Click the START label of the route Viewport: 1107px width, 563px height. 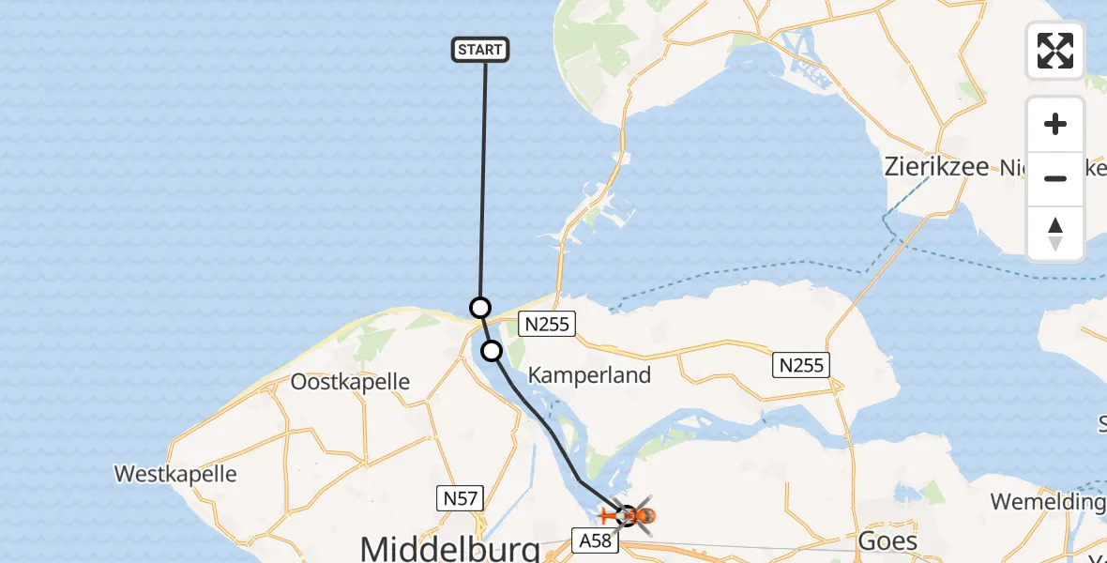(x=480, y=50)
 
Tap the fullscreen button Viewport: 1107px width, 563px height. (x=1055, y=51)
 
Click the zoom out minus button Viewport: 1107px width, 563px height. (x=1055, y=178)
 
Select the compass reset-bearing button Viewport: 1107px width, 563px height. (x=1055, y=234)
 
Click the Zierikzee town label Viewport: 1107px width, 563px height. (x=936, y=167)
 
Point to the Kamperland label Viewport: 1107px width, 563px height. (x=589, y=375)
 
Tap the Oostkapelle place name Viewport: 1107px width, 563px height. (x=350, y=382)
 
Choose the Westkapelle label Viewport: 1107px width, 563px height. (x=175, y=474)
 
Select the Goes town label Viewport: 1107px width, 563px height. (x=888, y=541)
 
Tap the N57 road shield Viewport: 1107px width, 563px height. (x=461, y=497)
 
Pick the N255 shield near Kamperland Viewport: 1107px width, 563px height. (x=545, y=325)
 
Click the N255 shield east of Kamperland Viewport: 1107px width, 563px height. (x=801, y=364)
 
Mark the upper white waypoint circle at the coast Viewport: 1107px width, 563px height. (x=479, y=307)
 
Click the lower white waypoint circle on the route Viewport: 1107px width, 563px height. (x=492, y=351)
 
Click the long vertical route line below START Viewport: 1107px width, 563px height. (x=483, y=178)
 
